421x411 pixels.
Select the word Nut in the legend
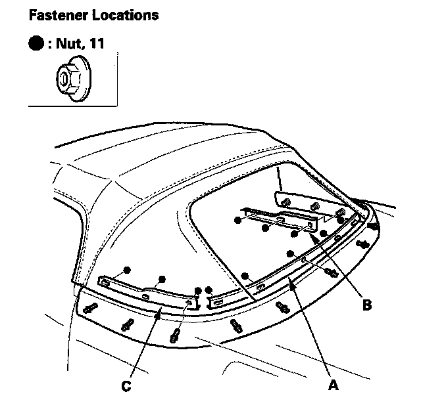coord(70,46)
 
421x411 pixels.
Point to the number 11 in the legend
coord(97,46)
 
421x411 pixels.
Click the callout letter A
coord(334,386)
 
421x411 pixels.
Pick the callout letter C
coord(126,387)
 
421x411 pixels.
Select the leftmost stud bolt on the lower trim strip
coord(90,306)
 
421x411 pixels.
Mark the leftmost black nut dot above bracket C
coord(127,270)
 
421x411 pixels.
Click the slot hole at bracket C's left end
coord(105,282)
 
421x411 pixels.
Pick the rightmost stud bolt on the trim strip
coord(375,227)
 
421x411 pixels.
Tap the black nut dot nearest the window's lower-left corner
coord(245,275)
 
